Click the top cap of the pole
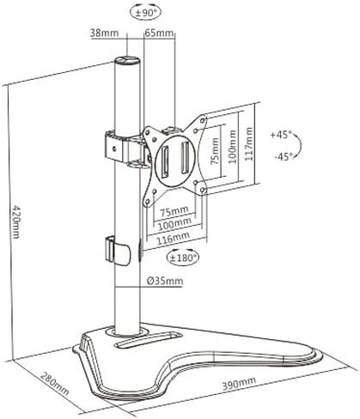[x=127, y=61]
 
